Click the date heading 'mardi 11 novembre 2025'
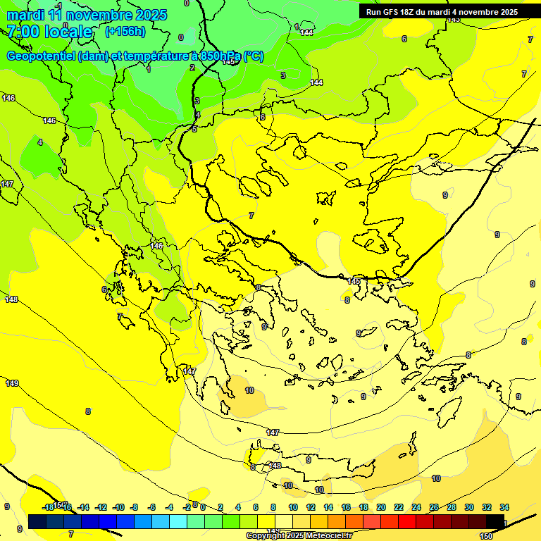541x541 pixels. click(87, 15)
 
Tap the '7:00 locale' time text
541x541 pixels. click(49, 32)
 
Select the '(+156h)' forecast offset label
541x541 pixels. click(125, 32)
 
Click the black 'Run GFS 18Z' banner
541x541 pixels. click(442, 12)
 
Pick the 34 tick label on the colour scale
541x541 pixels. click(504, 507)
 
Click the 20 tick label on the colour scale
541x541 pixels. click(381, 507)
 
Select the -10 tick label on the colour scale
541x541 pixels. click(119, 507)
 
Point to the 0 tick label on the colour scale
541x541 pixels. click(203, 507)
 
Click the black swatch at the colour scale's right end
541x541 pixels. click(495, 521)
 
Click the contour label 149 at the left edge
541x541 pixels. click(11, 383)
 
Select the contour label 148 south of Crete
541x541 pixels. click(275, 466)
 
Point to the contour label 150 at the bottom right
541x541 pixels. click(485, 536)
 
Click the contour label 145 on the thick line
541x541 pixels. click(354, 282)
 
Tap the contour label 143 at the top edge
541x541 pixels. click(454, 19)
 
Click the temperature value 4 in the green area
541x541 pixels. click(39, 142)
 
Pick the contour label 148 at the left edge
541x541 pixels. click(11, 299)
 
